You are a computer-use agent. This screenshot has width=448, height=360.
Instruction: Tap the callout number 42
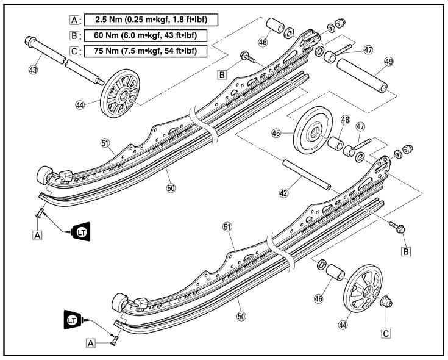pos(283,192)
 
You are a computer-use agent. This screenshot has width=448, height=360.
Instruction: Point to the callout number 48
pos(344,121)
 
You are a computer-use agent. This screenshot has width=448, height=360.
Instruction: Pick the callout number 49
pos(388,62)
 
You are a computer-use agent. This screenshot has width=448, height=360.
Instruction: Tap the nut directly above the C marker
pos(385,302)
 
